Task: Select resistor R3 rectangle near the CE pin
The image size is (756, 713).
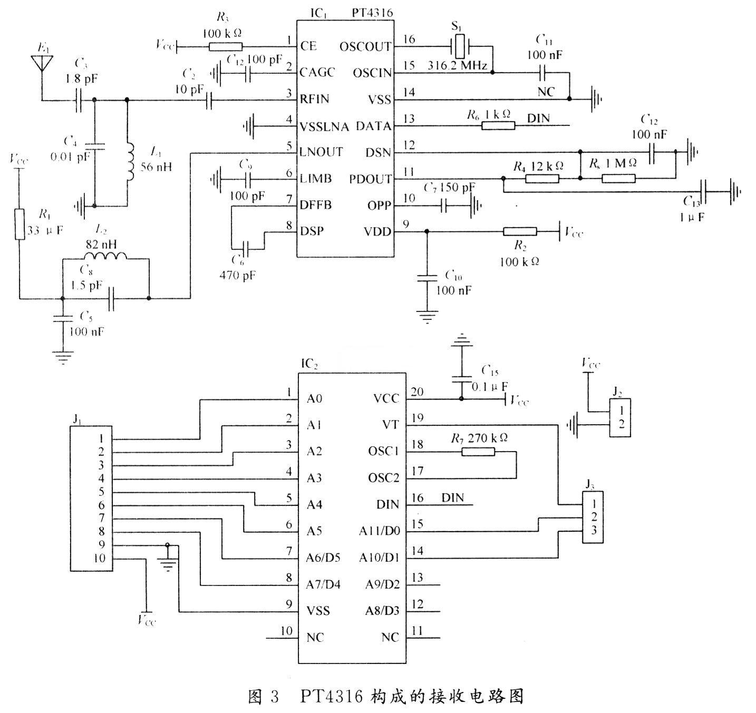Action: pos(226,47)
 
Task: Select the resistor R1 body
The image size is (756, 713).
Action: pos(20,224)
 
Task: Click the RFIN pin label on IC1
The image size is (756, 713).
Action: pos(315,99)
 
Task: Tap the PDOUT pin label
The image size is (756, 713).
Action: pos(370,179)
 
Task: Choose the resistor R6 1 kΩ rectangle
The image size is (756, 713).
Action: pos(498,125)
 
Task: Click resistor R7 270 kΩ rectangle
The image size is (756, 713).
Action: pos(478,452)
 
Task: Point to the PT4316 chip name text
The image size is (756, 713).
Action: pos(372,13)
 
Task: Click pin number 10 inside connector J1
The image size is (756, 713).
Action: pos(100,559)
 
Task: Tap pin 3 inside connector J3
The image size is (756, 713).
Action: pos(594,531)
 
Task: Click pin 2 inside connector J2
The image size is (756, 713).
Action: pos(622,424)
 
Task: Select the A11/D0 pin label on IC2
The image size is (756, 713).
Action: pos(379,531)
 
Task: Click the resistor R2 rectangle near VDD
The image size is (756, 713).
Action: pos(520,231)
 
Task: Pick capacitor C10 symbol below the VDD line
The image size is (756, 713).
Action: pos(427,278)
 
